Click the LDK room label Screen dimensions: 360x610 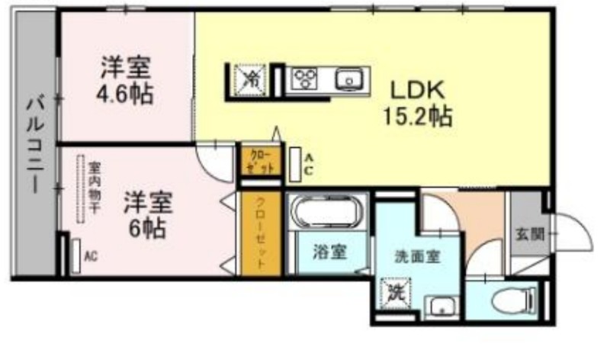click(418, 90)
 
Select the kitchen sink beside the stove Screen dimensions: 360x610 click(349, 78)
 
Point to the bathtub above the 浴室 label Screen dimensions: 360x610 click(327, 211)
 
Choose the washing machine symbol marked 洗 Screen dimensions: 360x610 click(396, 292)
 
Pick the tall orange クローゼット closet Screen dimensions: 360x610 click(260, 233)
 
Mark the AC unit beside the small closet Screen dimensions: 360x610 click(296, 163)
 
